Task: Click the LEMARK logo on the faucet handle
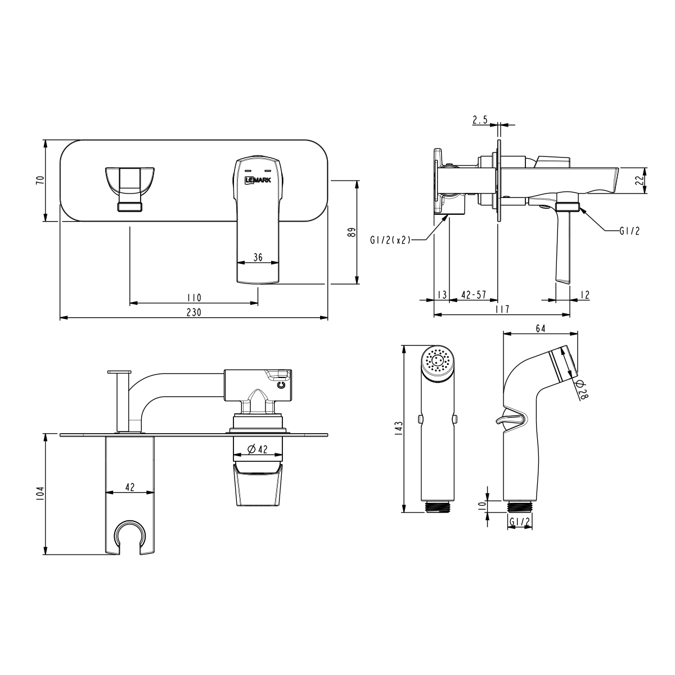tap(258, 180)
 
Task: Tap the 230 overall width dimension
tap(193, 312)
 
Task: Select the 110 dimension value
tap(193, 298)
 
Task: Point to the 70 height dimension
tap(40, 180)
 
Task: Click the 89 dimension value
tap(352, 232)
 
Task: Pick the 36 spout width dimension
tap(258, 258)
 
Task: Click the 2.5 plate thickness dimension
tap(480, 120)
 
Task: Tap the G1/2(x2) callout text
tap(390, 240)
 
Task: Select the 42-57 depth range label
tap(474, 295)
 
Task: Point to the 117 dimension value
tap(502, 309)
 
